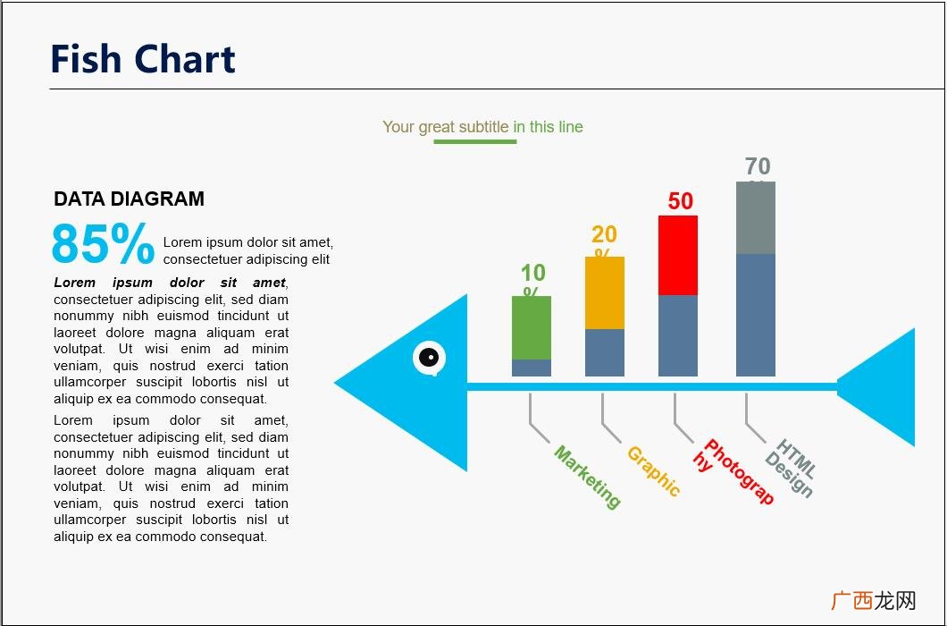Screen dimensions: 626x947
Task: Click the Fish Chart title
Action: click(143, 59)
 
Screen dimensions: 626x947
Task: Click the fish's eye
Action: click(429, 358)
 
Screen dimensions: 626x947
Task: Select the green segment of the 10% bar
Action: click(532, 327)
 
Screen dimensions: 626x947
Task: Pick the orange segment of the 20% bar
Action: click(605, 292)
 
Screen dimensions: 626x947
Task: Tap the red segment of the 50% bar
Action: click(678, 255)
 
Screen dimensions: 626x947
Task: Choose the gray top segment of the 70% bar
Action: click(756, 218)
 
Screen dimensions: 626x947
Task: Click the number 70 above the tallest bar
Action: click(758, 166)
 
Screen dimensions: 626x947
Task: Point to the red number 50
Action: click(681, 201)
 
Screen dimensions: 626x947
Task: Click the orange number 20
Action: click(604, 234)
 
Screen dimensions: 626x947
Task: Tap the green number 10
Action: click(532, 273)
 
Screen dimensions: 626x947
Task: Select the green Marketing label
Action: click(587, 478)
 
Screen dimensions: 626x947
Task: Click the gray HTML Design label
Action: click(791, 468)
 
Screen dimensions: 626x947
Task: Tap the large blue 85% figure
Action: click(103, 244)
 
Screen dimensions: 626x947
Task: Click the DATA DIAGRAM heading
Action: click(129, 199)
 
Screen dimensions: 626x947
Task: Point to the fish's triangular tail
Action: click(880, 386)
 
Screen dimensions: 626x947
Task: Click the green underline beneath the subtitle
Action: click(474, 141)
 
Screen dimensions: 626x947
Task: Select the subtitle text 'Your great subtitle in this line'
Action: click(482, 127)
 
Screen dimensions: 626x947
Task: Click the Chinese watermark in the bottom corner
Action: click(874, 601)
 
